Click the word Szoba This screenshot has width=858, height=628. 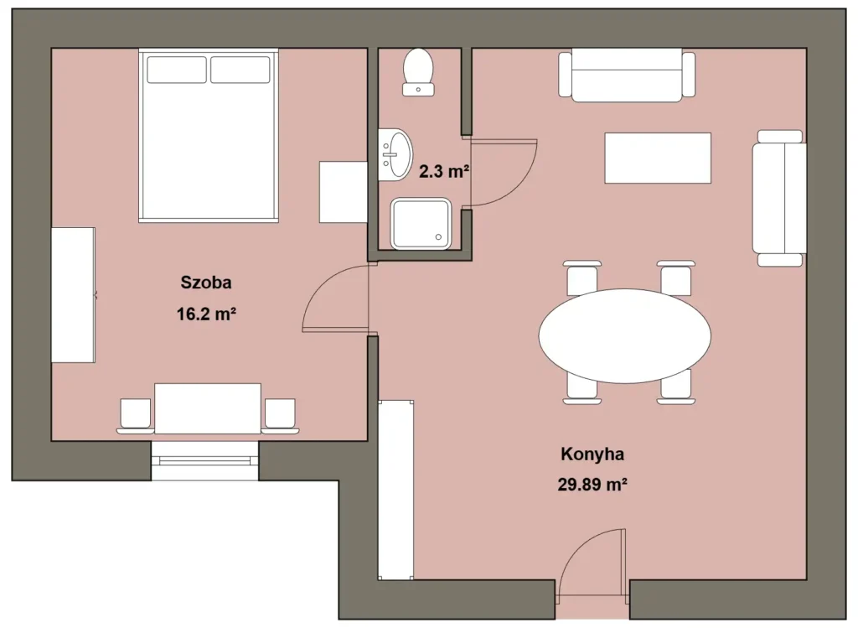pyautogui.click(x=206, y=283)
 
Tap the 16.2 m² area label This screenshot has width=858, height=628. pyautogui.click(x=206, y=314)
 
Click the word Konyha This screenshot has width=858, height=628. pyautogui.click(x=592, y=454)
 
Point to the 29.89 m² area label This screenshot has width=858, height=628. pyautogui.click(x=592, y=485)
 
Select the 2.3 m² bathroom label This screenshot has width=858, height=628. pyautogui.click(x=444, y=171)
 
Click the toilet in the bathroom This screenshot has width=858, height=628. pyautogui.click(x=419, y=72)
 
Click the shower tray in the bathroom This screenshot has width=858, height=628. pyautogui.click(x=421, y=223)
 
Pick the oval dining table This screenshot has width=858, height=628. pyautogui.click(x=625, y=335)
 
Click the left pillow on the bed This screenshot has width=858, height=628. pyautogui.click(x=177, y=70)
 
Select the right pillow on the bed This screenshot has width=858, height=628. pyautogui.click(x=240, y=70)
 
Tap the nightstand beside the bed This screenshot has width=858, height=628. pyautogui.click(x=343, y=192)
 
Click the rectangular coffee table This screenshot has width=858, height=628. pyautogui.click(x=658, y=158)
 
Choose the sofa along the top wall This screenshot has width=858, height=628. pyautogui.click(x=627, y=75)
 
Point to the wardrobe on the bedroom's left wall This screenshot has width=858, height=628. pyautogui.click(x=74, y=295)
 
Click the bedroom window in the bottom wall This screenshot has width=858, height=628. pyautogui.click(x=204, y=461)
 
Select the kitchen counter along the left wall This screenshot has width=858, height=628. pyautogui.click(x=395, y=490)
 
